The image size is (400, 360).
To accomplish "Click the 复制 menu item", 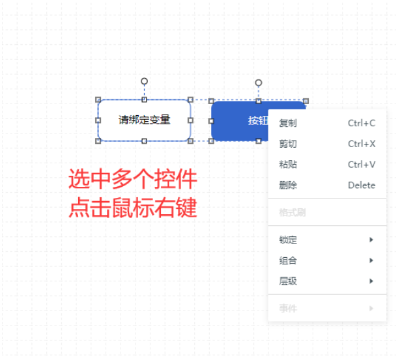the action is click(x=288, y=124).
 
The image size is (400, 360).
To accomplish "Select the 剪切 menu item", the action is click(x=288, y=144).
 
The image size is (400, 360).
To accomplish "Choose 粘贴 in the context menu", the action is click(x=288, y=165).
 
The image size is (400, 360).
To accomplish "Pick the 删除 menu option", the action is click(x=288, y=185).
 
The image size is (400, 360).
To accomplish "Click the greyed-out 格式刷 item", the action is click(x=293, y=212).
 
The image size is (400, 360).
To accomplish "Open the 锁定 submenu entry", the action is click(x=288, y=240).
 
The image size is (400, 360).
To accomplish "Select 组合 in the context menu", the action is click(x=288, y=260).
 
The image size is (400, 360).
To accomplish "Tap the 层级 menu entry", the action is click(x=288, y=281).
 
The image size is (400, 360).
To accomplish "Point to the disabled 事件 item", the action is click(x=288, y=309).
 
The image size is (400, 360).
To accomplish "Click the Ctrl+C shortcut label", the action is click(x=362, y=124).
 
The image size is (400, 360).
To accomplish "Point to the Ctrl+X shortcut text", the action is click(x=362, y=144).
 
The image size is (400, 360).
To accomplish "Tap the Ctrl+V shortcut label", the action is click(x=362, y=165).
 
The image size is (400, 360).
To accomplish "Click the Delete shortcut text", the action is click(x=362, y=185).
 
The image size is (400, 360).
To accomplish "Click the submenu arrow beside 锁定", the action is click(x=371, y=240).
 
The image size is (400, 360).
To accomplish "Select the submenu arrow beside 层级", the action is click(x=371, y=281).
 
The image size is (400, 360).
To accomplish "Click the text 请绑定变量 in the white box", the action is click(x=145, y=120).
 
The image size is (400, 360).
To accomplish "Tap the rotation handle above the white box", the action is click(x=145, y=81).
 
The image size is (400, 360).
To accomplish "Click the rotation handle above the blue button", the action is click(x=259, y=83).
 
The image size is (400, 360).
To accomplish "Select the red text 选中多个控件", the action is click(x=133, y=179).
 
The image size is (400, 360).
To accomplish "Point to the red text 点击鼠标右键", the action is click(x=133, y=208).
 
